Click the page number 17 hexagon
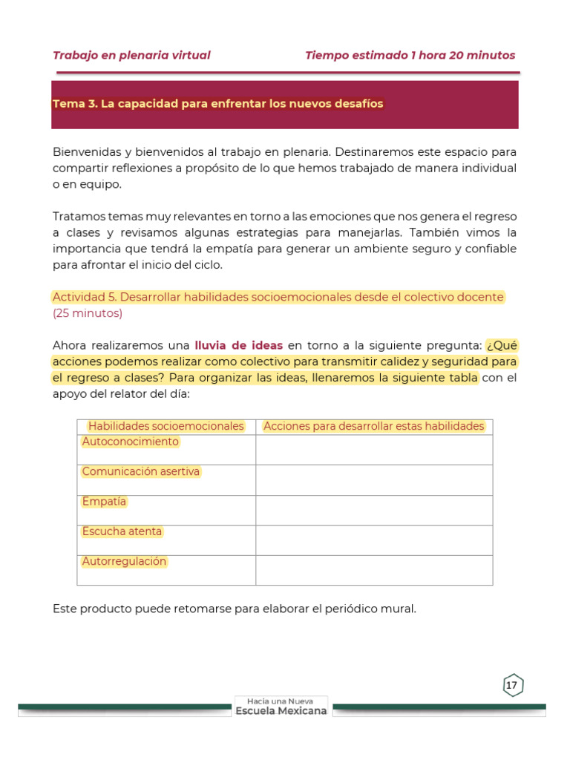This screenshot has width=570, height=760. point(512,685)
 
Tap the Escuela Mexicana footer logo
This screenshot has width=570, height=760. point(281,707)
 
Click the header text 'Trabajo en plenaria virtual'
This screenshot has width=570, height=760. point(131,56)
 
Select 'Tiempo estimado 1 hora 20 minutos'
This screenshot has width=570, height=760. point(410,56)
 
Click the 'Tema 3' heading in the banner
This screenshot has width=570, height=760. point(217,104)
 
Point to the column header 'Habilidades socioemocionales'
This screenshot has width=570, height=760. point(166,426)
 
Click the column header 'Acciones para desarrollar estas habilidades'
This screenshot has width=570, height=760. point(374,426)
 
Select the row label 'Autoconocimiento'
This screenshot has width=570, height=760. point(131,442)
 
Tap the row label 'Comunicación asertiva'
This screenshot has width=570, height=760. point(141,472)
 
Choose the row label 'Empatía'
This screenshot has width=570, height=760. point(105,502)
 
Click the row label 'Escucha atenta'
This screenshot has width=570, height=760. point(122,531)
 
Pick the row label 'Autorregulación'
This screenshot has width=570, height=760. point(124,562)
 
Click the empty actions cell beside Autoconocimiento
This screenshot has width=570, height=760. point(374,450)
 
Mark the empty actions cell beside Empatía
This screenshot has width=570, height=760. point(374,510)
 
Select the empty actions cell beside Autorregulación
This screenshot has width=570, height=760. point(374,570)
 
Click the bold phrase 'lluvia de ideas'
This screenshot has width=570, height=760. point(239,345)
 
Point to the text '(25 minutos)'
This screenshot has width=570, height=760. point(88,313)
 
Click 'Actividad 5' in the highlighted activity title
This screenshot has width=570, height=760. point(84,297)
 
